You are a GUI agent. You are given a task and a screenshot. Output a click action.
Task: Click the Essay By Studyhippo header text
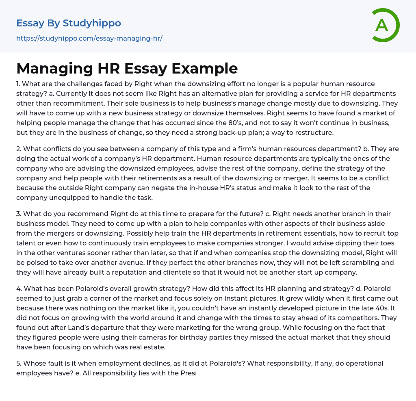point(69,23)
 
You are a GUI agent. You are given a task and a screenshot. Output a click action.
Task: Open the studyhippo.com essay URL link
point(89,38)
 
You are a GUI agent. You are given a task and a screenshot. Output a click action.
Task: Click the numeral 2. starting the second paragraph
point(19,149)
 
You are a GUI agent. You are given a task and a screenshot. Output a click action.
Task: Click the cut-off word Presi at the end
point(188,373)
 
